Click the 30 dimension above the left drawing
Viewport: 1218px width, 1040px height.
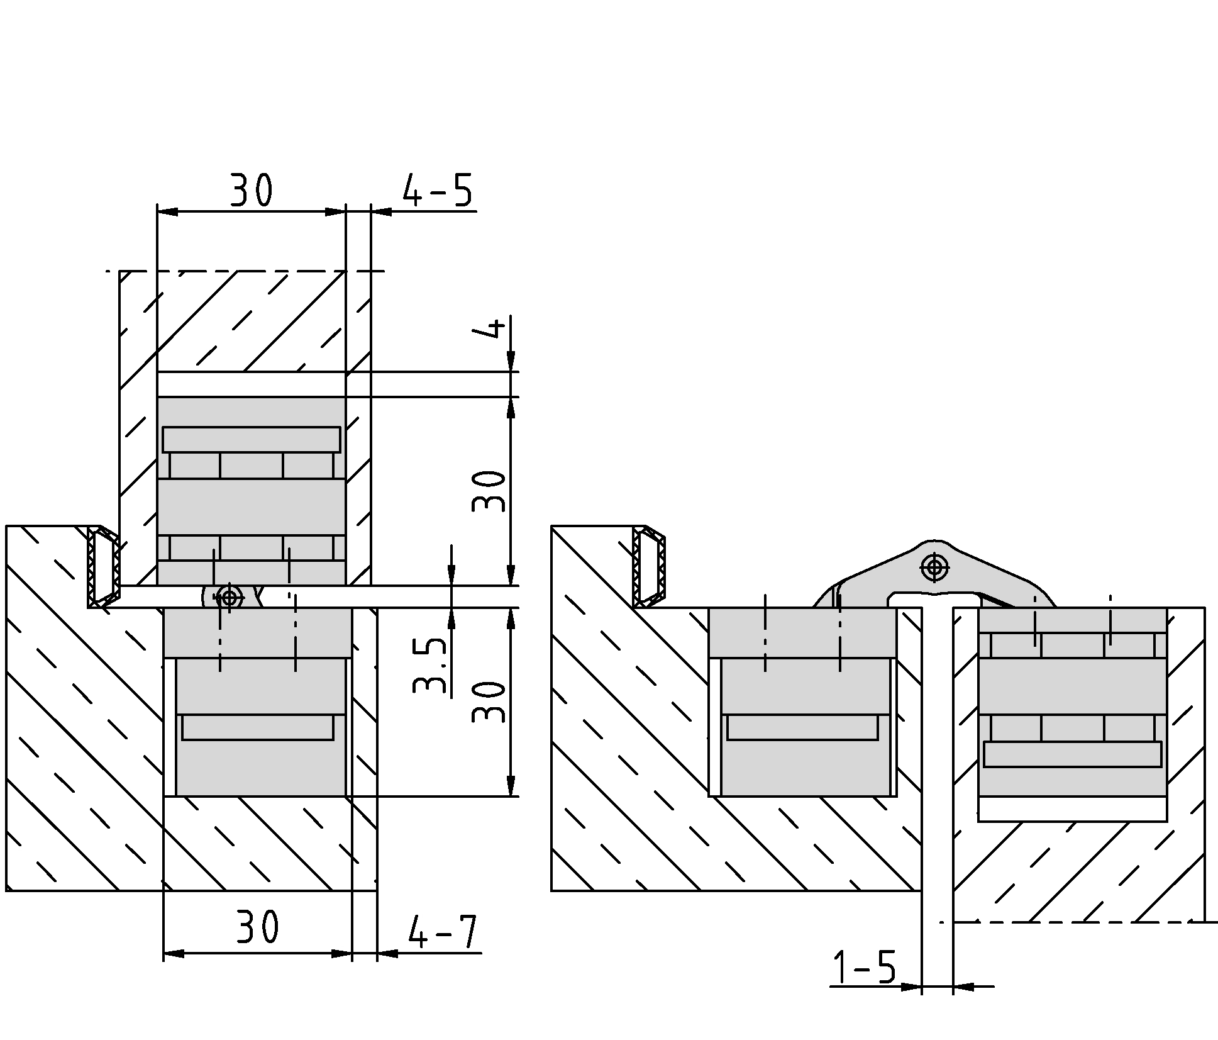(x=251, y=190)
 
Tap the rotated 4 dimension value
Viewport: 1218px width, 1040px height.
(x=496, y=328)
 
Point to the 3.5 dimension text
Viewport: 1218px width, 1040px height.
(x=431, y=666)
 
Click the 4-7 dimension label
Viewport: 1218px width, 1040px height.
(x=442, y=932)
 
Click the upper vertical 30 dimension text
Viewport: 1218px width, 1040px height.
(x=489, y=491)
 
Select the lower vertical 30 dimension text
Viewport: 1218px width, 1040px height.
(x=489, y=702)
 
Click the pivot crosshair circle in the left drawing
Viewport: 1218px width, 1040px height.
(x=229, y=597)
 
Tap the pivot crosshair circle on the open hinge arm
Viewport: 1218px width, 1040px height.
(x=934, y=568)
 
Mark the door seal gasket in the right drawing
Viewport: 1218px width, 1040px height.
(x=649, y=567)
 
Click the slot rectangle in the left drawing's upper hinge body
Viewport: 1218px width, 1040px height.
(x=252, y=440)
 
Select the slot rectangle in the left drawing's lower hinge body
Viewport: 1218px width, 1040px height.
(x=258, y=727)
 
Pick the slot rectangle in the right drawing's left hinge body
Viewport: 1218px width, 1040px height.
(x=802, y=727)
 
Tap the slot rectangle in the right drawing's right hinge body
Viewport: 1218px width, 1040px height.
(x=1073, y=754)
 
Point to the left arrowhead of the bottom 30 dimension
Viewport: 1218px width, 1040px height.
(x=174, y=954)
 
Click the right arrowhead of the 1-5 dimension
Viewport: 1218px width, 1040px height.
(x=964, y=987)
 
